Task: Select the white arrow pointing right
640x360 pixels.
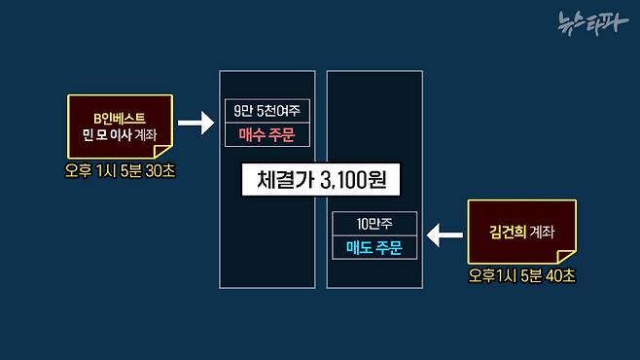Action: coord(196,124)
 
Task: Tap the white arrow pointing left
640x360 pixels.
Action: coord(445,234)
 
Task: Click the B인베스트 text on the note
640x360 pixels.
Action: coord(120,116)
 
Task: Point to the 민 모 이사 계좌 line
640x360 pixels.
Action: coord(120,134)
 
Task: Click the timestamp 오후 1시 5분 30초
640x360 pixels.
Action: coord(120,169)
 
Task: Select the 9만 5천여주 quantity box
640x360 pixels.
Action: coord(268,111)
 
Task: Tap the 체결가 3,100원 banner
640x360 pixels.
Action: coord(320,182)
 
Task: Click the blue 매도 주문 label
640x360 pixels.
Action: coord(374,247)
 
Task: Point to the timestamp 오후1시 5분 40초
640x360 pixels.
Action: coord(521,275)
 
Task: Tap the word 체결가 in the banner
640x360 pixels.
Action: coord(282,182)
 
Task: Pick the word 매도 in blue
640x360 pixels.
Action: coord(360,247)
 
